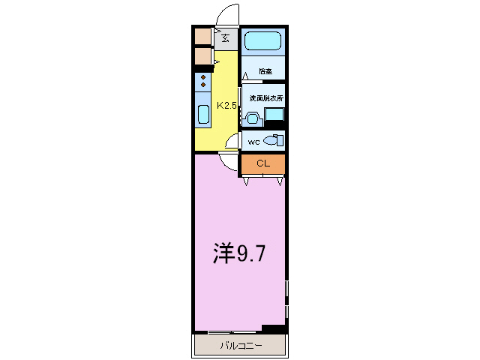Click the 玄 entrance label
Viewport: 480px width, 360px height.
tap(226, 37)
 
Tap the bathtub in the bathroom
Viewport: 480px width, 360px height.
tap(262, 41)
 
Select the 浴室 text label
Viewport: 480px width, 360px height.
tap(265, 72)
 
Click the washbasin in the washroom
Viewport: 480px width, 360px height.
tap(252, 117)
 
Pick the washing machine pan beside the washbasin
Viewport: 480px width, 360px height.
tap(274, 115)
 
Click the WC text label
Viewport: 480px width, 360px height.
tap(253, 141)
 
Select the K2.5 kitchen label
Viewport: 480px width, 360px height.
tap(226, 106)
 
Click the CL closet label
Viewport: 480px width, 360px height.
tap(262, 163)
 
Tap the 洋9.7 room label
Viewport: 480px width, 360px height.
tap(238, 253)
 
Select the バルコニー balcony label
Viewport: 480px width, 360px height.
tap(241, 346)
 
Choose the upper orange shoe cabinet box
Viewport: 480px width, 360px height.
tap(202, 36)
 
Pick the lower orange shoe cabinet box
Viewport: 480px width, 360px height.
tap(202, 56)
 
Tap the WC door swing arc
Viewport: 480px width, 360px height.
tap(233, 141)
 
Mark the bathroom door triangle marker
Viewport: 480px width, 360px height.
tap(245, 73)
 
